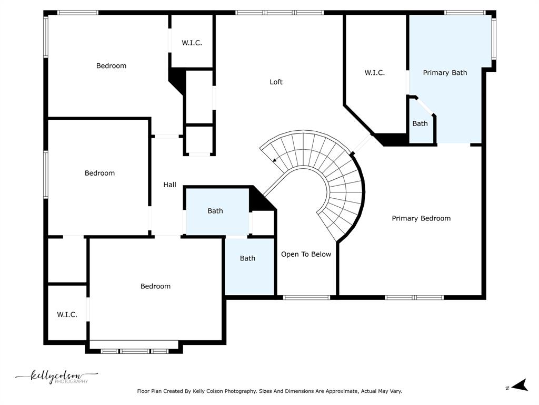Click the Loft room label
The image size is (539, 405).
coord(276,82)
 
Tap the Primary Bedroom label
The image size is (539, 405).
coord(421,218)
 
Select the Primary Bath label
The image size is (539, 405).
coord(445,73)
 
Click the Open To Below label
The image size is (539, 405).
coord(306,254)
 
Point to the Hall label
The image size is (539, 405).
coord(169,185)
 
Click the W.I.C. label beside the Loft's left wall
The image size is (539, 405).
coord(192,43)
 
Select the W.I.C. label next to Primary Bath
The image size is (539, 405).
coord(375,73)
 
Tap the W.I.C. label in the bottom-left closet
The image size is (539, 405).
coord(67,314)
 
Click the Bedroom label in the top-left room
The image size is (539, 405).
coord(111,66)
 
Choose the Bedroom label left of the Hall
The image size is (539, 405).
coord(99,173)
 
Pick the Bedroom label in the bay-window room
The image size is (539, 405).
coord(155,286)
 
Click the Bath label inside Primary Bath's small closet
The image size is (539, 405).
coord(420,123)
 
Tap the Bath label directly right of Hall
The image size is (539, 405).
coord(215,211)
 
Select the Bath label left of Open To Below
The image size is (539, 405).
coord(247,258)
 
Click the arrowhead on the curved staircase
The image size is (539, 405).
coord(275,160)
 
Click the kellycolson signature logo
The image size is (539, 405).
coord(57,377)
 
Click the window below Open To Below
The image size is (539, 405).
coord(307,297)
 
